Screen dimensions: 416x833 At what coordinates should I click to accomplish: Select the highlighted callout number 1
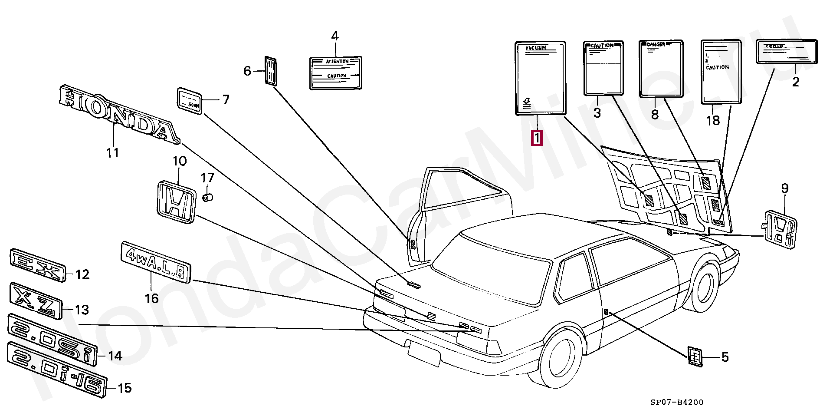point(537,138)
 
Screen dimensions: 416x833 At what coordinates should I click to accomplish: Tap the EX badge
point(37,264)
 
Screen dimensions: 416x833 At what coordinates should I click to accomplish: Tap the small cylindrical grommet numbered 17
point(207,198)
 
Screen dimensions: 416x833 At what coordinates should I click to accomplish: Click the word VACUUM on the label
point(536,48)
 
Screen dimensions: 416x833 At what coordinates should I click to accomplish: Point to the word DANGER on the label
point(656,44)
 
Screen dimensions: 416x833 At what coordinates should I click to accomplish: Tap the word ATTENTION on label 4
point(337,62)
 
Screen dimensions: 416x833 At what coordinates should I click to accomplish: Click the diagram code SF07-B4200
point(676,403)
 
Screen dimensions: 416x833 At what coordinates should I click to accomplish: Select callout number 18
point(713,120)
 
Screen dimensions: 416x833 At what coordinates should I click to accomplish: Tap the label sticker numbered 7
point(190,100)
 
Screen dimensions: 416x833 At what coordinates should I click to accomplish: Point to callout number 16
point(151,298)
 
